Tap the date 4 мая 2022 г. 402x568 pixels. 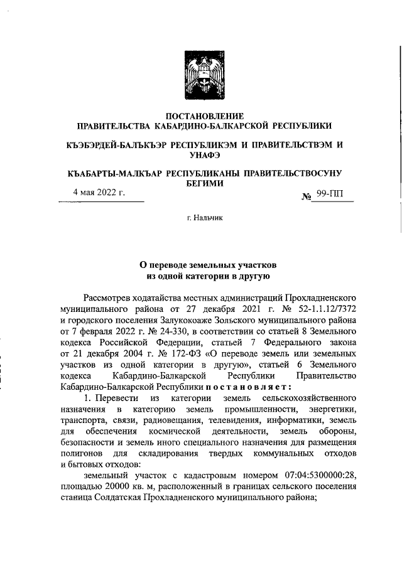pos(99,193)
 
